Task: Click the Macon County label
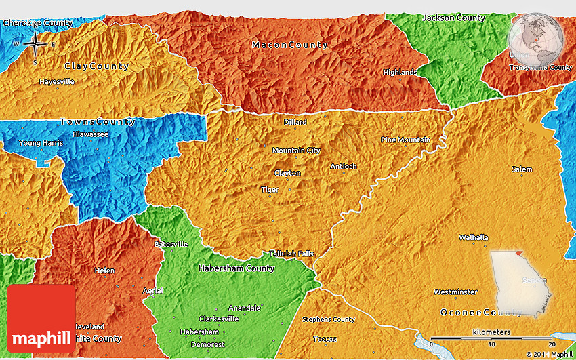(289, 45)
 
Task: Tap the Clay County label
(96, 66)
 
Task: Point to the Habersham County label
(236, 268)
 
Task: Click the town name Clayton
(287, 174)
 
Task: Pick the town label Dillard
(295, 123)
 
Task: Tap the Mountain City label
(296, 151)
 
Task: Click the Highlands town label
(400, 73)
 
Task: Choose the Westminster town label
(455, 292)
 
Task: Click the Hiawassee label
(87, 134)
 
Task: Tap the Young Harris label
(41, 143)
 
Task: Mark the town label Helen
(104, 271)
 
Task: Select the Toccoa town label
(325, 339)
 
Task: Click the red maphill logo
(41, 318)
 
